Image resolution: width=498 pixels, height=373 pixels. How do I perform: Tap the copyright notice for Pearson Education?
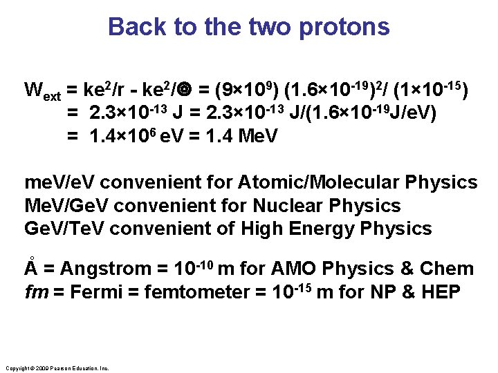(x=57, y=368)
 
